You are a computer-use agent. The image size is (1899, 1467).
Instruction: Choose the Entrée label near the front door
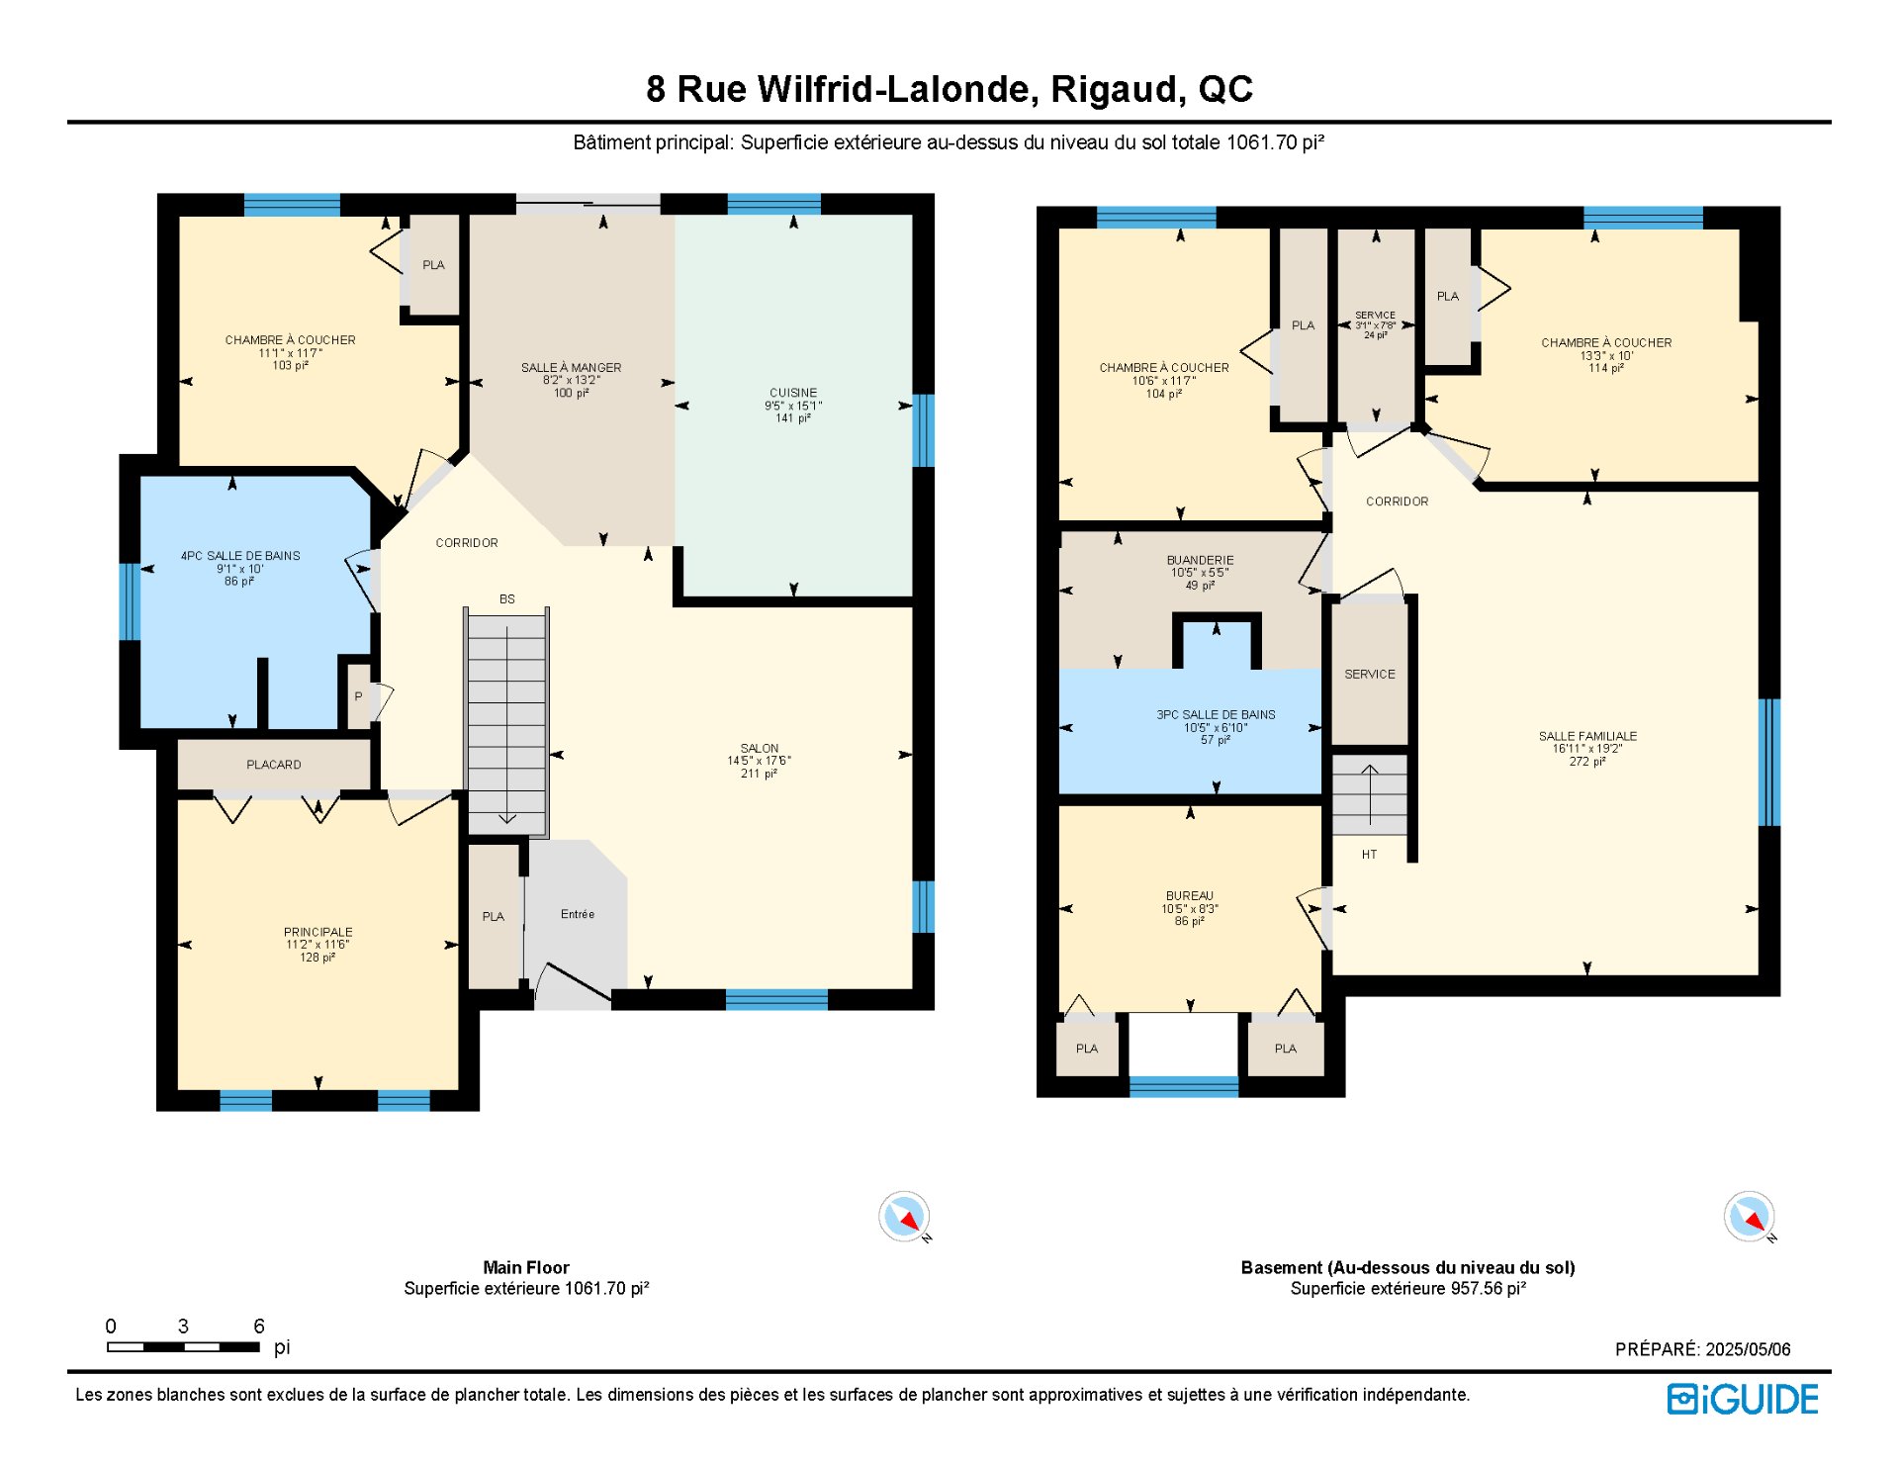click(578, 914)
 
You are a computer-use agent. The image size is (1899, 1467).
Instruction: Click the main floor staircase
click(506, 723)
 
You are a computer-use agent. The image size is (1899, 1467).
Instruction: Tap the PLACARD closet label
click(274, 765)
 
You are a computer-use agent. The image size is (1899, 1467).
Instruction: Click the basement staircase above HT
click(1370, 795)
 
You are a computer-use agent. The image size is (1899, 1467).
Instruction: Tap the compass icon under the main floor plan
click(905, 1217)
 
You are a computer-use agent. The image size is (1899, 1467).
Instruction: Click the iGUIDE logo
click(1743, 1399)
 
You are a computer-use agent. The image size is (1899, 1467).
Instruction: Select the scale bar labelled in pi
click(183, 1347)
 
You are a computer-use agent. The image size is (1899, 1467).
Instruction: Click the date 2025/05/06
click(1748, 1349)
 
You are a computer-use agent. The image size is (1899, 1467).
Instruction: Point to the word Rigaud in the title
click(1117, 90)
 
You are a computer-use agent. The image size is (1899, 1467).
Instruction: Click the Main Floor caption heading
click(526, 1267)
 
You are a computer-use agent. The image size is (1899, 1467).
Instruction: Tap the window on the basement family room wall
click(1769, 762)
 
